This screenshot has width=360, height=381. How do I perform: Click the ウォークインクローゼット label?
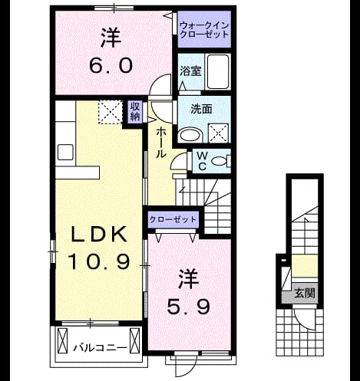tap(204, 30)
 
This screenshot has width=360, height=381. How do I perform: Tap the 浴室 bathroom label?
tap(190, 71)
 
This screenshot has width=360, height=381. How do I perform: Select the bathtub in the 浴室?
tap(217, 71)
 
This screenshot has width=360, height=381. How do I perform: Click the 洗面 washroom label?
tap(201, 109)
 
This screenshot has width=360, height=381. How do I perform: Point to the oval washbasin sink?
tap(190, 135)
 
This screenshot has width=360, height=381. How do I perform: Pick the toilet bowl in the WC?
tap(220, 161)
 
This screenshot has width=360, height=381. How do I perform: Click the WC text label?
tap(202, 161)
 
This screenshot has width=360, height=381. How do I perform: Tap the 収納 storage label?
tap(135, 111)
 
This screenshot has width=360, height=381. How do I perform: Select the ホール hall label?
tap(161, 143)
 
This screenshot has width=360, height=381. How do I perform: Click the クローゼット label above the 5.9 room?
tap(173, 219)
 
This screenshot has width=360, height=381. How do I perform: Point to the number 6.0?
tap(111, 65)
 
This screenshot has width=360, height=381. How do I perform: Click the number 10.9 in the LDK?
tap(98, 261)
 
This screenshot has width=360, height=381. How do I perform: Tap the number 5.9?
tap(188, 307)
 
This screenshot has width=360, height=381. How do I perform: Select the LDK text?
tap(99, 234)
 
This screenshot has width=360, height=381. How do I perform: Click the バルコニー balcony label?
tap(100, 348)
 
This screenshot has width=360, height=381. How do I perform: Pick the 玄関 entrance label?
tap(304, 293)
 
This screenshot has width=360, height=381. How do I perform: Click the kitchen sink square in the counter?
tap(65, 153)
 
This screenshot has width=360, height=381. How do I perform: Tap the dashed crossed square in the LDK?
tap(111, 112)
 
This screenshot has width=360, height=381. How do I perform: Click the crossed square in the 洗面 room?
tap(218, 133)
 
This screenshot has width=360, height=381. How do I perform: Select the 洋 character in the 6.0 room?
tap(111, 38)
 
